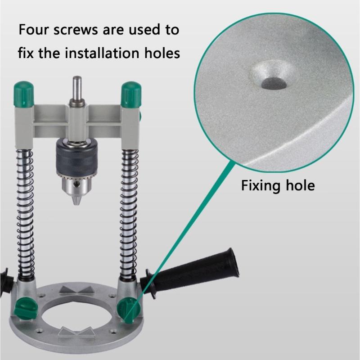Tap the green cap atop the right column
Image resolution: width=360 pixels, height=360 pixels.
pyautogui.click(x=131, y=93)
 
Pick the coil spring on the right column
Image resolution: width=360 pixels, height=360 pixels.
pyautogui.click(x=129, y=211)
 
